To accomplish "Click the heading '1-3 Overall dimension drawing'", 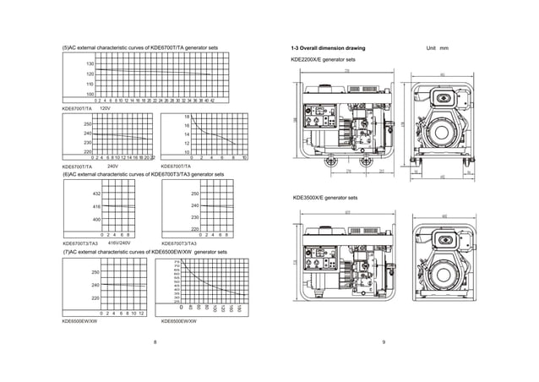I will click(328, 50).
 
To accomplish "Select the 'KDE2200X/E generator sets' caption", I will click(323, 61).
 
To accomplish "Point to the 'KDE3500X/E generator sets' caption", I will click(324, 198).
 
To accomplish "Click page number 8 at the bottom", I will click(155, 341).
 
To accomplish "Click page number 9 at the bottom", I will click(384, 341).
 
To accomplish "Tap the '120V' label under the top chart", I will click(106, 109).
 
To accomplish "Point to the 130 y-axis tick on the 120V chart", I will click(89, 64).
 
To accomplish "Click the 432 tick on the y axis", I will click(96, 194).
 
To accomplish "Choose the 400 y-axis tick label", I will click(96, 220).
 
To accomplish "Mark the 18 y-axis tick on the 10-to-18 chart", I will click(187, 116).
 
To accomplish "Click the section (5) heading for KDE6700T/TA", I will click(140, 47).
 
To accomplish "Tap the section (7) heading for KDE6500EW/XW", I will click(144, 252).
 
